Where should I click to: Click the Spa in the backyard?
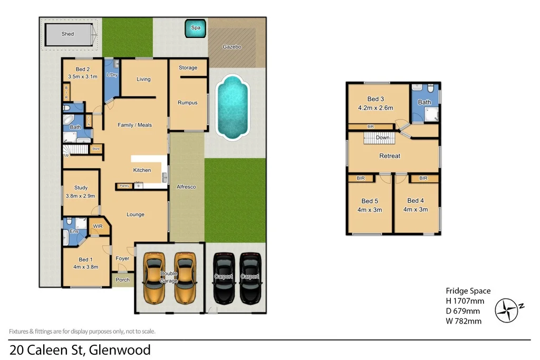[x=196, y=28]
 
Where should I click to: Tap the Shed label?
[x=67, y=34]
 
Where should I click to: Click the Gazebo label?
[x=232, y=47]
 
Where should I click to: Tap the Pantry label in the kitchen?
[x=124, y=186]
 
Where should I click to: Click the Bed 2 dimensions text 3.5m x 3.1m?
[x=83, y=77]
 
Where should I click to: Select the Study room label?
[x=81, y=188]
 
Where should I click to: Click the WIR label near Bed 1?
[x=98, y=227]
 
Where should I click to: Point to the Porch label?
[x=122, y=280]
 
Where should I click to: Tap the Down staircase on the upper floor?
[x=379, y=138]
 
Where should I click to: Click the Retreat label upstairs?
[x=390, y=156]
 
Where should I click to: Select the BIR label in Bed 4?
[x=423, y=179]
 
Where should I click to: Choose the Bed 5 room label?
[x=370, y=201]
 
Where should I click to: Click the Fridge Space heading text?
[x=468, y=291]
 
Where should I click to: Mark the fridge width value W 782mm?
[x=464, y=321]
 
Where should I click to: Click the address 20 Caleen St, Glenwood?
[x=80, y=349]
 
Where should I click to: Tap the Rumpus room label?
[x=187, y=103]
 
